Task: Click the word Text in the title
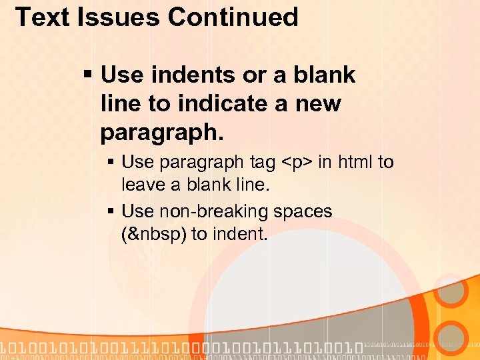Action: pyautogui.click(x=41, y=17)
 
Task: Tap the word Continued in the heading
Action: pyautogui.click(x=233, y=17)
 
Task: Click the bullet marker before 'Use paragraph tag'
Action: pyautogui.click(x=111, y=163)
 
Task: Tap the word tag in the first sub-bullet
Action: pyautogui.click(x=262, y=163)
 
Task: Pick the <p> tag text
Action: pyautogui.click(x=296, y=163)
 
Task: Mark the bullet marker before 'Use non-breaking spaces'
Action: pyautogui.click(x=111, y=212)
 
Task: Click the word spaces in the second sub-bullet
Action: pyautogui.click(x=303, y=212)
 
